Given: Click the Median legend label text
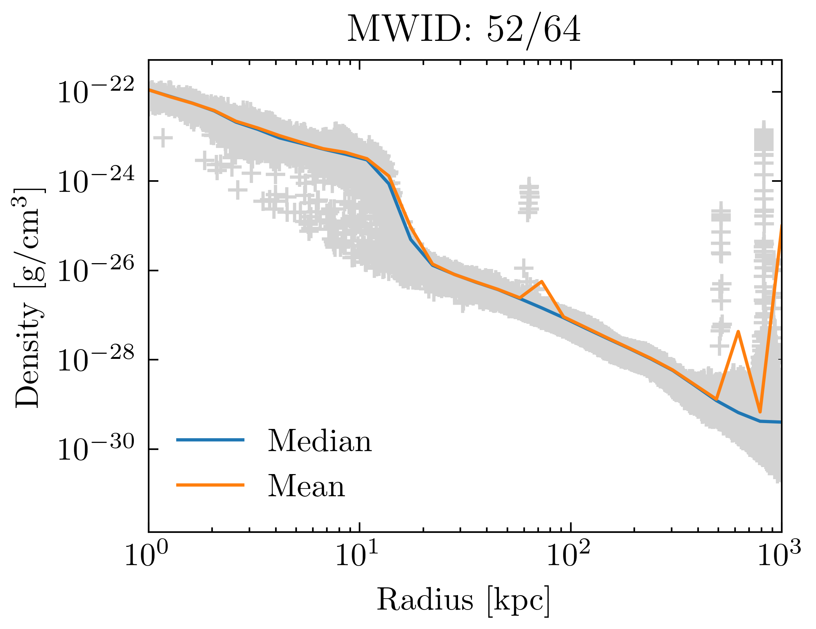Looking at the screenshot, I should point(319,441).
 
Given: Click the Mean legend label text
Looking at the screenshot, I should point(306,486).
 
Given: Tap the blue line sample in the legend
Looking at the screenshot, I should point(210,440).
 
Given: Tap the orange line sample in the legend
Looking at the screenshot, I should point(210,485).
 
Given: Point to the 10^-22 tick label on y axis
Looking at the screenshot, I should point(96,92).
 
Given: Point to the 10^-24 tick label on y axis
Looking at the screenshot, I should point(96,181).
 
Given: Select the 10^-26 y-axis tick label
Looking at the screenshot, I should point(96,271).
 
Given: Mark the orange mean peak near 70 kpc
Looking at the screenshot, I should point(541,281).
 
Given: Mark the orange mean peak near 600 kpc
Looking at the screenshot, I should point(738,331).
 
